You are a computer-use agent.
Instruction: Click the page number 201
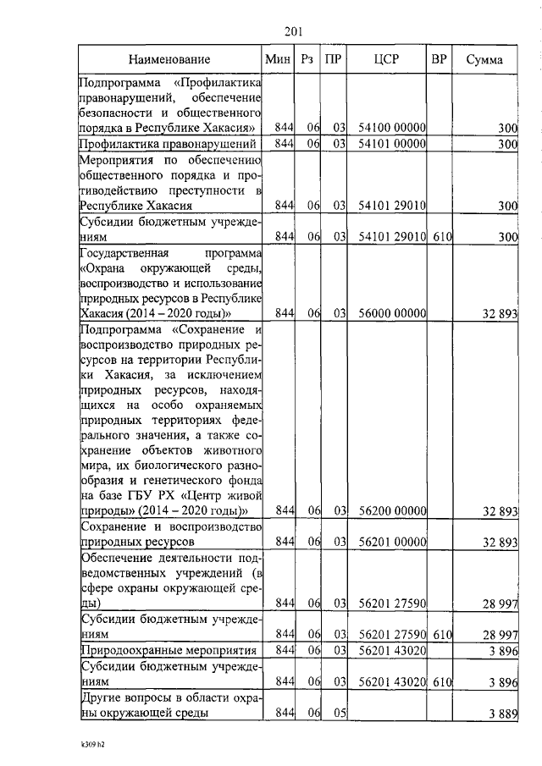tap(295, 31)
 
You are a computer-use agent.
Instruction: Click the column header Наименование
tap(169, 60)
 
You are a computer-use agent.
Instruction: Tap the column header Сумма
tap(484, 60)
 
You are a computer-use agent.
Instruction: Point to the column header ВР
tap(439, 60)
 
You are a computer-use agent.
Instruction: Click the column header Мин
tap(278, 60)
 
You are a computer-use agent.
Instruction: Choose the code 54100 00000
tap(392, 128)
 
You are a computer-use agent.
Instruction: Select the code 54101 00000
tap(392, 144)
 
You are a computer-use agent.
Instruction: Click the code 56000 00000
tap(392, 313)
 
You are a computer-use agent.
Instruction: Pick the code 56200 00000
tap(392, 511)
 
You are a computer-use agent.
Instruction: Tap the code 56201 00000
tap(392, 541)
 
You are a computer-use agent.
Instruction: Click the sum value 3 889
tap(501, 714)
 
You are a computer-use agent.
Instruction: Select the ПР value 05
tap(340, 714)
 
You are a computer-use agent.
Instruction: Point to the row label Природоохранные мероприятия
tap(168, 650)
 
